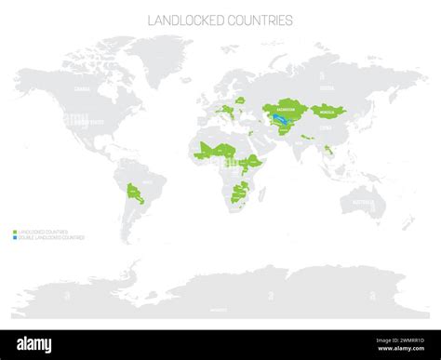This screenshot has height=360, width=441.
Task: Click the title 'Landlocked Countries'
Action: pyautogui.click(x=220, y=20)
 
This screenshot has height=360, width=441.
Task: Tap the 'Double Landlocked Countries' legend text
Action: pyautogui.click(x=52, y=237)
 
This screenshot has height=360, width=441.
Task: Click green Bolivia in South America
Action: pyautogui.click(x=138, y=192)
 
